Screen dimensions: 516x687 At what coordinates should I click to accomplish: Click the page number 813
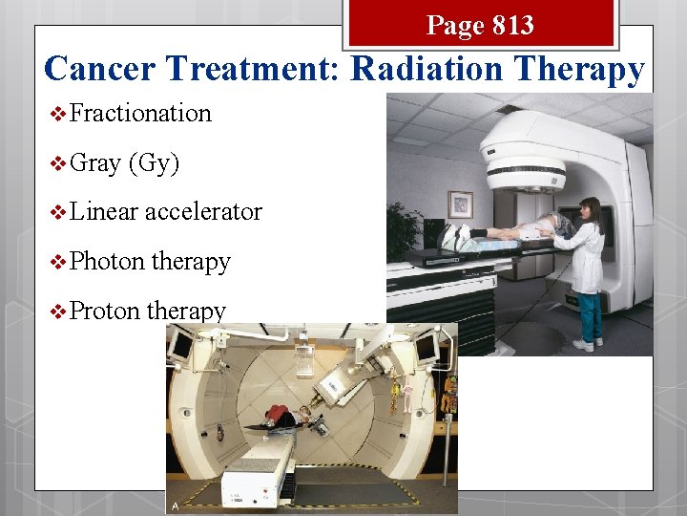(x=507, y=25)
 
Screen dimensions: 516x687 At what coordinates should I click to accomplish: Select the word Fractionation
(x=140, y=113)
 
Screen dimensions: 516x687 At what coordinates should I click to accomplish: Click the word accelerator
(x=203, y=211)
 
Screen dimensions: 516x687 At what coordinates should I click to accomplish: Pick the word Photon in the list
(x=107, y=261)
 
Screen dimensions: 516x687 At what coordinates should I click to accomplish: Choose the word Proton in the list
(x=106, y=311)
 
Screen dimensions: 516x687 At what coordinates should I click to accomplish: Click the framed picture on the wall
(x=462, y=204)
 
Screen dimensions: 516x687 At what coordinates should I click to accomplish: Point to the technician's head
(x=588, y=207)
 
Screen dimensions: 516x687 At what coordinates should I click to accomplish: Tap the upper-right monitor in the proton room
(x=427, y=348)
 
